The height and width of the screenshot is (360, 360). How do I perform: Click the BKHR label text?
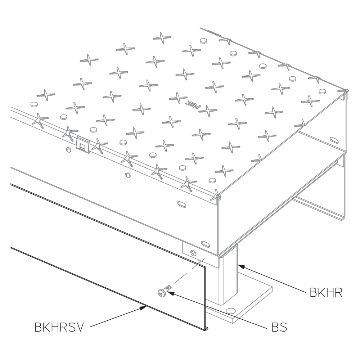click(x=326, y=292)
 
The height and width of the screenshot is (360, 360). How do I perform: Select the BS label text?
click(x=279, y=327)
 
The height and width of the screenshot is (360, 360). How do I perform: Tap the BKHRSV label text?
click(x=59, y=327)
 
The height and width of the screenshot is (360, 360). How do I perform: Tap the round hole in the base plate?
click(x=231, y=311)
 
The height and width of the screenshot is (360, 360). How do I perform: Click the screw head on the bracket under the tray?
click(x=193, y=253)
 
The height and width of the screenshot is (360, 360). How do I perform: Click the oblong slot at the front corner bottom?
click(x=205, y=244)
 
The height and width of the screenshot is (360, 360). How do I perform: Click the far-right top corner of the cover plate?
click(x=347, y=90)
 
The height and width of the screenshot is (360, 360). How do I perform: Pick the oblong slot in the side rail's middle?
click(x=182, y=204)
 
